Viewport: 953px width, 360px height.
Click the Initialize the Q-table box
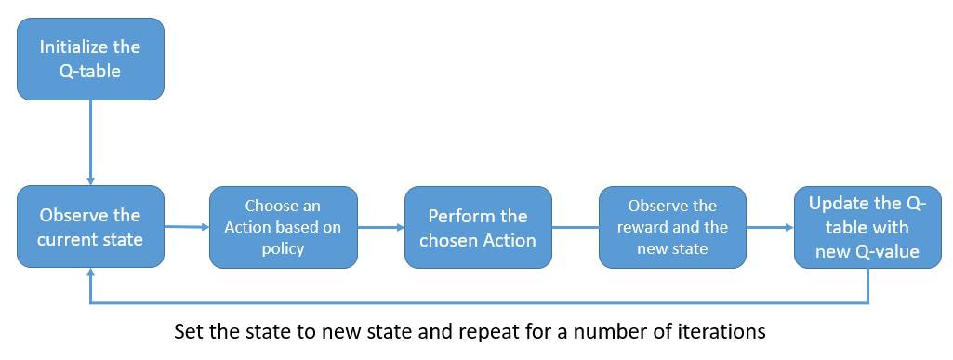90,58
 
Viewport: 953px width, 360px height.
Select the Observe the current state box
90,226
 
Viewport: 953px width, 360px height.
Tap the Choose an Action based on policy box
283,227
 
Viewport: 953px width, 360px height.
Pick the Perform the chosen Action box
478,227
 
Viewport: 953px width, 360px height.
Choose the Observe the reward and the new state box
671,227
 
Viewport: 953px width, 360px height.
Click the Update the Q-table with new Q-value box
867,227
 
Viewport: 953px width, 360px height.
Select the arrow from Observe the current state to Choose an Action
186,226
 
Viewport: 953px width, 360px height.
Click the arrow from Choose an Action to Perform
380,227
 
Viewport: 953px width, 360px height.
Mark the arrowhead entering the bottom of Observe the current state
90,273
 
